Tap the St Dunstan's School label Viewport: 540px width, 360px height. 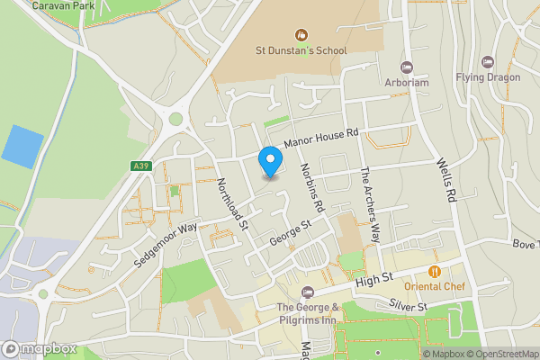coord(301,50)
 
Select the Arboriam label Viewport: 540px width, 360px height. coord(407,83)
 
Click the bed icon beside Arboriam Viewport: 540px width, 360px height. coord(407,67)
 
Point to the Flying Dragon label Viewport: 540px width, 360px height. coord(487,77)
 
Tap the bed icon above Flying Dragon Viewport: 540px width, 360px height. coord(487,61)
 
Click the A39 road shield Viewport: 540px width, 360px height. coord(139,166)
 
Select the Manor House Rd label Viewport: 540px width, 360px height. coord(321,138)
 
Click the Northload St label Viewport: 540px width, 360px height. coord(232,203)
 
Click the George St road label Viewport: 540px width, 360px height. coord(291,231)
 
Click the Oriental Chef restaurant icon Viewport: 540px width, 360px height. coord(434,271)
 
